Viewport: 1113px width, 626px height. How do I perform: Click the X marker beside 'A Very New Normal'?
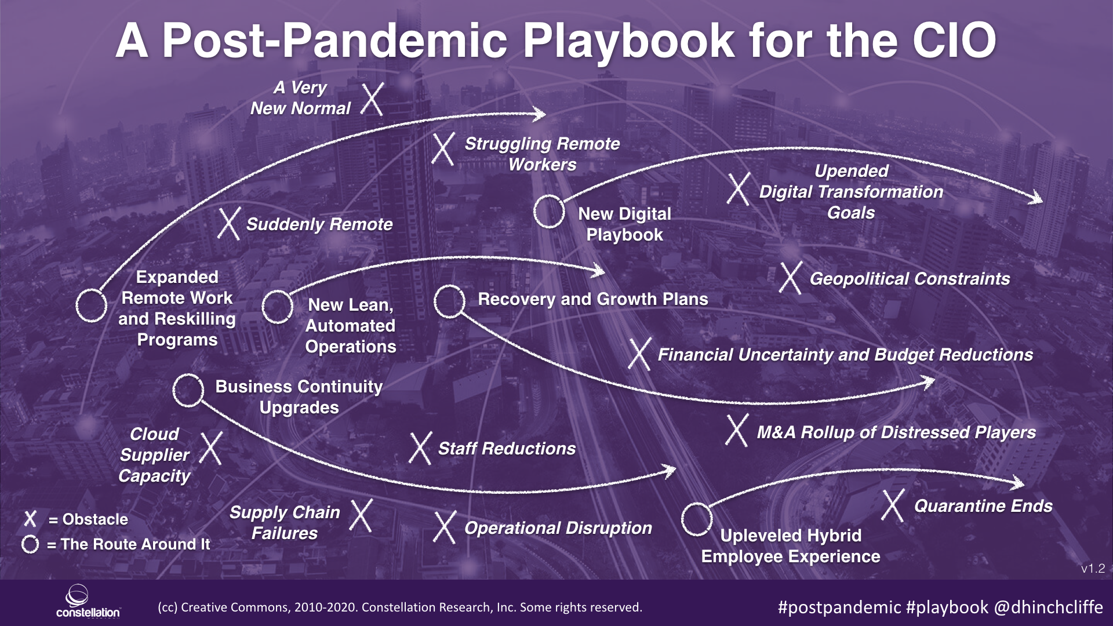coord(372,99)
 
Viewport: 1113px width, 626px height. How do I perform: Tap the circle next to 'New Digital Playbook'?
coord(548,211)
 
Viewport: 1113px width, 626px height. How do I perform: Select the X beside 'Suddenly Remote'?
coord(229,224)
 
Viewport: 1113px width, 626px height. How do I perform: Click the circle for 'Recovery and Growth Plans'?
coord(449,301)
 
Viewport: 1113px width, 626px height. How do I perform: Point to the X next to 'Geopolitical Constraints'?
coord(791,278)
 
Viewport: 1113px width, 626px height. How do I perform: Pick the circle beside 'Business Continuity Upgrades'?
coord(188,390)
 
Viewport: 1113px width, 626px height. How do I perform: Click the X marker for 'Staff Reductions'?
coord(420,448)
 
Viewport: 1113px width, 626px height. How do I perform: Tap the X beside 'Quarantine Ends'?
coord(893,505)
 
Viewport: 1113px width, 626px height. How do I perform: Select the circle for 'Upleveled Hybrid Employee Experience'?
coord(696,519)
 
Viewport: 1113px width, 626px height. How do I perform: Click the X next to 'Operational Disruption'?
coord(445,527)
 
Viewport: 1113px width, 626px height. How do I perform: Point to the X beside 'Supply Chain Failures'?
coord(361,515)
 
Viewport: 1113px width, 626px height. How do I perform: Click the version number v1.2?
coord(1093,569)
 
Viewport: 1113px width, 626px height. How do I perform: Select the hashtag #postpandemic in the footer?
coord(839,607)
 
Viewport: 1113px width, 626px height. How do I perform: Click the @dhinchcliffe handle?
coord(1048,607)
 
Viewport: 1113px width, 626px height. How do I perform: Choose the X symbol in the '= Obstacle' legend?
coord(30,519)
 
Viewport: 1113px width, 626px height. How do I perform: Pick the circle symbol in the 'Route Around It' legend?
coord(30,544)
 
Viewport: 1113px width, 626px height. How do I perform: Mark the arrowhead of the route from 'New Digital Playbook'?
coord(1036,198)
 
